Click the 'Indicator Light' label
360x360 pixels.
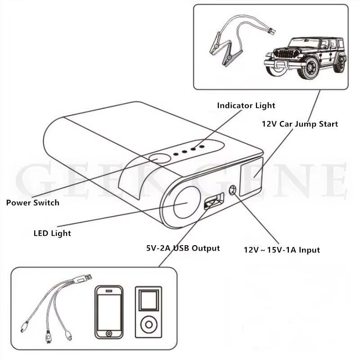246,106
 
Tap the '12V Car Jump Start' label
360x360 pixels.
300,124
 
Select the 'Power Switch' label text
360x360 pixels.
32,203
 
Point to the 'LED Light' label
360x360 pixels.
52,233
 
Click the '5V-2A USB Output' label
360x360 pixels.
183,248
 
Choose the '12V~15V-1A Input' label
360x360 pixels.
282,250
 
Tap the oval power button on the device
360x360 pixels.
160,158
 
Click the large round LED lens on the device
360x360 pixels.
187,202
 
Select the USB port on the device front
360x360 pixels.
213,201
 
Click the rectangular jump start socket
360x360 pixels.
251,176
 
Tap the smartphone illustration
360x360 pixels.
109,312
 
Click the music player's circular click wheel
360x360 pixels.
149,324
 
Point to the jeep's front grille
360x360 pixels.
286,54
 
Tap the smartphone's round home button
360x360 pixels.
109,333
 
